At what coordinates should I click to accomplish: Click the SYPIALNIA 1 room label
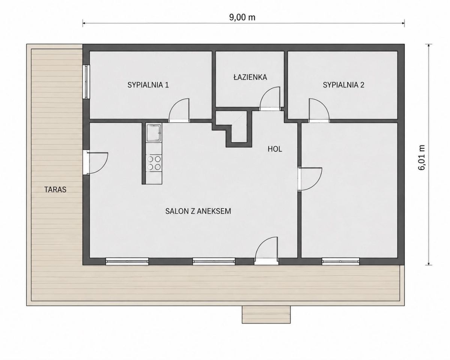148,85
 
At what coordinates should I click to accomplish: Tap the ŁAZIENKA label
250,77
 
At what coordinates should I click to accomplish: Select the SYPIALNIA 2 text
343,85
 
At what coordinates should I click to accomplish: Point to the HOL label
275,149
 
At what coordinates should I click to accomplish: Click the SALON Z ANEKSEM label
198,211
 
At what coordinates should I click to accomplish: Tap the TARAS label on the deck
56,189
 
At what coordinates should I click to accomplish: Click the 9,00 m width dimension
242,17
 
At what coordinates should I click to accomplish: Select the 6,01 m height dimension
421,157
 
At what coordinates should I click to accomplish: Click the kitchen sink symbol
154,133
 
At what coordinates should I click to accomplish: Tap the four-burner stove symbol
154,163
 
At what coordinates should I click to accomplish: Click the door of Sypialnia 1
179,111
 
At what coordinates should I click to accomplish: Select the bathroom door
270,99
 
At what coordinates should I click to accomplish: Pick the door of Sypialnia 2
319,111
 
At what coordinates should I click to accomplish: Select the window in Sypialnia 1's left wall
86,82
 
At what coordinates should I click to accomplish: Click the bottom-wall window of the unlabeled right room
341,261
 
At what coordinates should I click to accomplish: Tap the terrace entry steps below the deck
266,314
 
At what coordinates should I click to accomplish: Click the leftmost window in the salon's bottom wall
127,261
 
